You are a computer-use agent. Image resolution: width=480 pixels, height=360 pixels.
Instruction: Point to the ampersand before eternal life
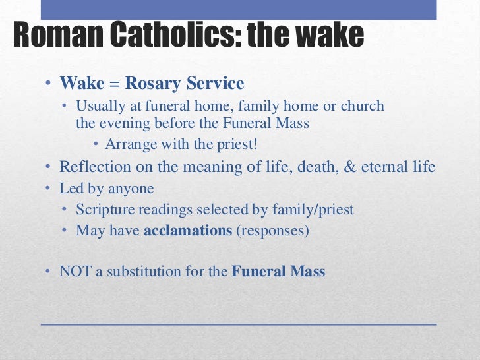coord(349,167)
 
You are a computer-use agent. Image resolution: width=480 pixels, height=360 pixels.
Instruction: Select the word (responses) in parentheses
coord(272,231)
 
